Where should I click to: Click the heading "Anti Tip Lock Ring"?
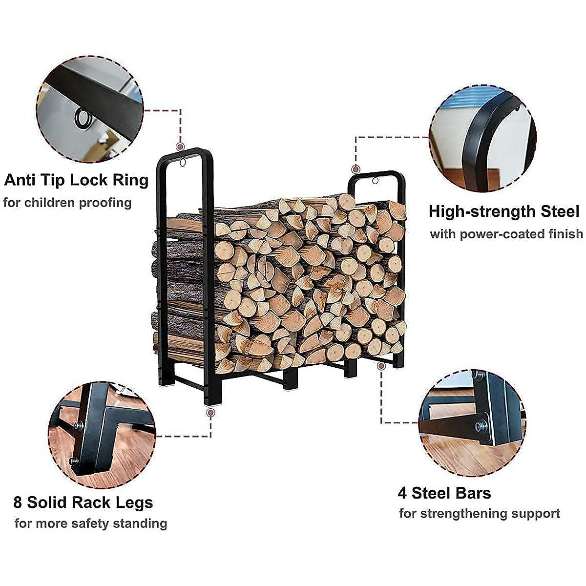(76, 180)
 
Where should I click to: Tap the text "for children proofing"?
(67, 203)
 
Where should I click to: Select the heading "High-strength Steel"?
(504, 211)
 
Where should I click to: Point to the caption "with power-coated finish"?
(506, 234)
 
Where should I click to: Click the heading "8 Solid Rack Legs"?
(83, 502)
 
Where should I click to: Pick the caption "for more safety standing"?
(91, 523)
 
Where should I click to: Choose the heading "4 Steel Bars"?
(444, 493)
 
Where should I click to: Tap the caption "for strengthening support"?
(479, 514)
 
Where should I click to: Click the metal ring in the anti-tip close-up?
(84, 119)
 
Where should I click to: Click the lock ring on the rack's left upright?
(183, 163)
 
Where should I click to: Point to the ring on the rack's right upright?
(375, 181)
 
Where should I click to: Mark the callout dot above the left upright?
(180, 146)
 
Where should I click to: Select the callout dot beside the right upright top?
(356, 169)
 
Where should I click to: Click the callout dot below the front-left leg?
(210, 413)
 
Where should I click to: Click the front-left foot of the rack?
(213, 399)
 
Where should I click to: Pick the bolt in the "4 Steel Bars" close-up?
(481, 425)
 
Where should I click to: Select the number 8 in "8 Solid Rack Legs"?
(18, 502)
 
